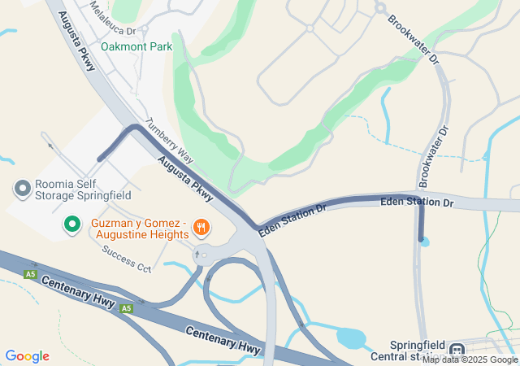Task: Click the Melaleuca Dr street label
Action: pos(113,24)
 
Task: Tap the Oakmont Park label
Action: pos(136,46)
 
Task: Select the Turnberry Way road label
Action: pos(168,141)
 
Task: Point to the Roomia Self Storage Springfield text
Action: pos(82,190)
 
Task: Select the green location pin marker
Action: pos(71,223)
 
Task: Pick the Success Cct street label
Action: pos(127,259)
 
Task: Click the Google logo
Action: pos(27,356)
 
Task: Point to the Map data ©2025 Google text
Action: pos(469,359)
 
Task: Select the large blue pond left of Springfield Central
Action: pos(350,336)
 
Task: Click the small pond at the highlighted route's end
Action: pos(425,242)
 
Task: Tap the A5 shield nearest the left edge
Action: pos(31,273)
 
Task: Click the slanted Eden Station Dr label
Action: pos(292,220)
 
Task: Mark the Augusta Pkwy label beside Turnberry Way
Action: pos(186,178)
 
